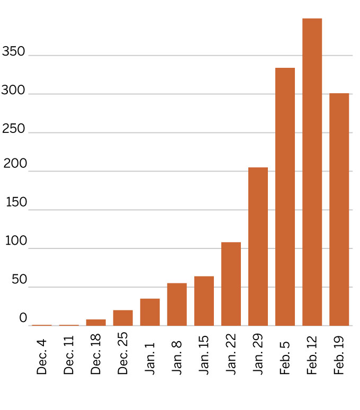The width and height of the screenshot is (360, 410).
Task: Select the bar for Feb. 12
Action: click(x=312, y=172)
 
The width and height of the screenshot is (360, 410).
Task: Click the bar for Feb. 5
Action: click(x=285, y=197)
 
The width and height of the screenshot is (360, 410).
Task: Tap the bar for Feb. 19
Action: click(x=339, y=209)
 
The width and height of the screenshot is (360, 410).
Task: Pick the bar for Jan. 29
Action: click(x=258, y=246)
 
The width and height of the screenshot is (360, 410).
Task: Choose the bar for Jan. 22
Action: click(x=231, y=284)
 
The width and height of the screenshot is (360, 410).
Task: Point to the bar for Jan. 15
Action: click(x=204, y=301)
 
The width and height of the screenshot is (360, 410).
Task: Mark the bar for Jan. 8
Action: click(x=177, y=305)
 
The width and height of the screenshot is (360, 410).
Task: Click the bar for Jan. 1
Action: click(x=150, y=312)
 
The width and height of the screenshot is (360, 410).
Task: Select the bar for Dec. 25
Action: click(x=123, y=318)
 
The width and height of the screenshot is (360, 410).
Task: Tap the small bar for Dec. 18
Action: click(x=96, y=323)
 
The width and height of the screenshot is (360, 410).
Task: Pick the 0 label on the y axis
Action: click(x=23, y=318)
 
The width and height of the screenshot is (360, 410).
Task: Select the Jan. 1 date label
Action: click(x=150, y=358)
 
